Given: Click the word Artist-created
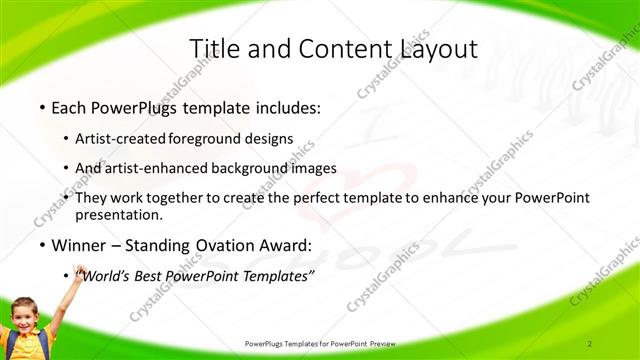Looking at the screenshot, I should (x=123, y=139).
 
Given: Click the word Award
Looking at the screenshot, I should (x=288, y=245).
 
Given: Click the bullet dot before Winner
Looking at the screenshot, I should (x=41, y=245).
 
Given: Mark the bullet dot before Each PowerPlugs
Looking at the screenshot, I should (x=41, y=106).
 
